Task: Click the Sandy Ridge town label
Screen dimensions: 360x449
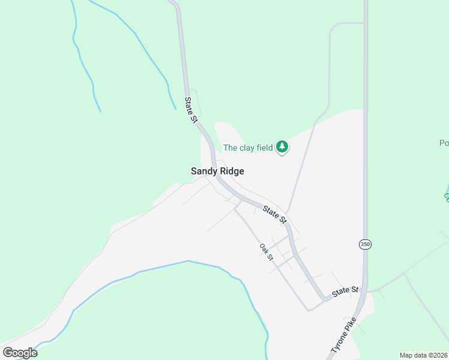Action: pyautogui.click(x=217, y=171)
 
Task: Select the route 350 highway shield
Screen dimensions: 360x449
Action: pyautogui.click(x=365, y=244)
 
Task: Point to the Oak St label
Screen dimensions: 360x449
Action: pyautogui.click(x=267, y=252)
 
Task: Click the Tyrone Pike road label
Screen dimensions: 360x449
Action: pyautogui.click(x=343, y=334)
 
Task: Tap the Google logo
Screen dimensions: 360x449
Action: pyautogui.click(x=20, y=353)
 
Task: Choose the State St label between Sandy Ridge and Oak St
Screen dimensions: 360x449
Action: pyautogui.click(x=274, y=214)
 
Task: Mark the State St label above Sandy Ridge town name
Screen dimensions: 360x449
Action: pyautogui.click(x=191, y=110)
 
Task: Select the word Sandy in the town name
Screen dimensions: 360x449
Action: pyautogui.click(x=203, y=171)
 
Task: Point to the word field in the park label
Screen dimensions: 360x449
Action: pyautogui.click(x=264, y=148)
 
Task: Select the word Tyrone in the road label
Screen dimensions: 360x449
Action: pyautogui.click(x=338, y=343)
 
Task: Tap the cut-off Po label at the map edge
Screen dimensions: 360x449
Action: pyautogui.click(x=444, y=143)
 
